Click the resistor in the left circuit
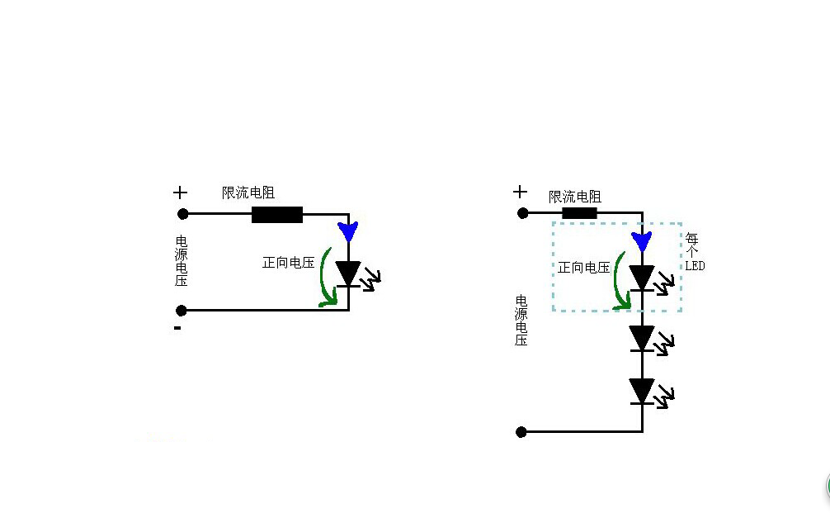coord(276,215)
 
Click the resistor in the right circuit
coord(579,212)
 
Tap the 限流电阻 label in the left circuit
coord(248,193)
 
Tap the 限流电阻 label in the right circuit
coord(575,197)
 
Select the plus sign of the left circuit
coord(180,193)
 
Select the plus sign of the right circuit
coord(520,193)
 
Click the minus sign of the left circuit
coord(177,328)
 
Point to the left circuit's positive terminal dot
coord(183,214)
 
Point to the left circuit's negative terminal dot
coord(182,311)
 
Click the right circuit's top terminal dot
coord(522,212)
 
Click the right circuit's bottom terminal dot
coord(521,431)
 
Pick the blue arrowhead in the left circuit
coord(348,231)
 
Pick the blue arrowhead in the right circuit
coord(642,241)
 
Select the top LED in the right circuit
coord(642,278)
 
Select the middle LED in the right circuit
coord(642,337)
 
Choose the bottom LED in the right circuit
coord(642,391)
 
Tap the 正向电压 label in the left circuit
coord(289,263)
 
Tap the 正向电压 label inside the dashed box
coord(584,268)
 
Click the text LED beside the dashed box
coord(695,266)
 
